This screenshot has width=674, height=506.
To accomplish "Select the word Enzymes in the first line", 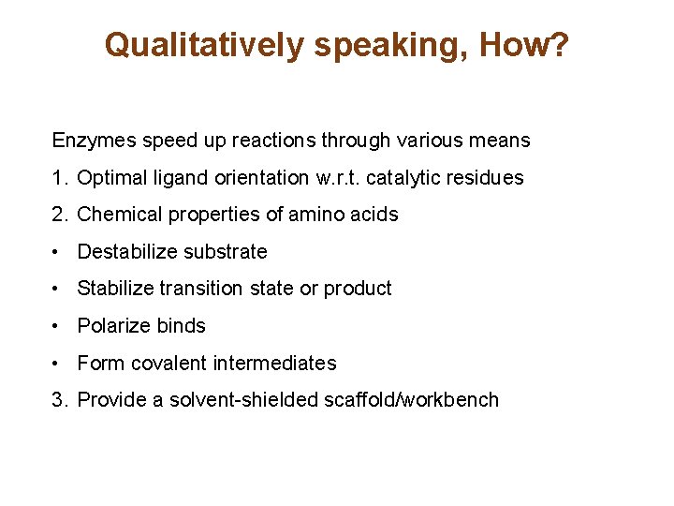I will click(90, 141).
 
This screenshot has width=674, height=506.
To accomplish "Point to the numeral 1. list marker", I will click(60, 178).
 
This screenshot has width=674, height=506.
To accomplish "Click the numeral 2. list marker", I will click(60, 215).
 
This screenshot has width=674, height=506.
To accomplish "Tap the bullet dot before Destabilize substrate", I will click(58, 252).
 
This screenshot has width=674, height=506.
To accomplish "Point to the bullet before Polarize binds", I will click(58, 326).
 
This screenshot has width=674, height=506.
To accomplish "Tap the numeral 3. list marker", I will click(60, 400).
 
